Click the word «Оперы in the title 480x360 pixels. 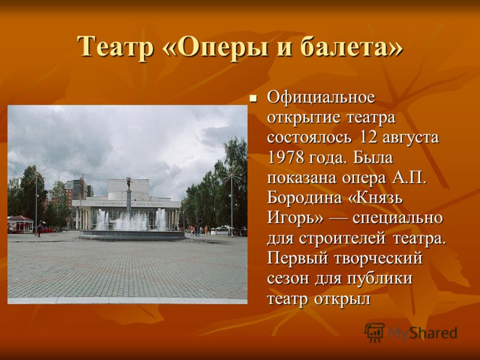tap(214, 47)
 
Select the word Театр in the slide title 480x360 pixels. tap(115, 47)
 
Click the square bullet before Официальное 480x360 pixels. tap(253, 98)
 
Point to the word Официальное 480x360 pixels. tap(321, 98)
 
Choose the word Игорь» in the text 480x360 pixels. tap(295, 219)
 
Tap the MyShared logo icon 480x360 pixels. tap(374, 332)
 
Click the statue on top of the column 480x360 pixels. tap(129, 184)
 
